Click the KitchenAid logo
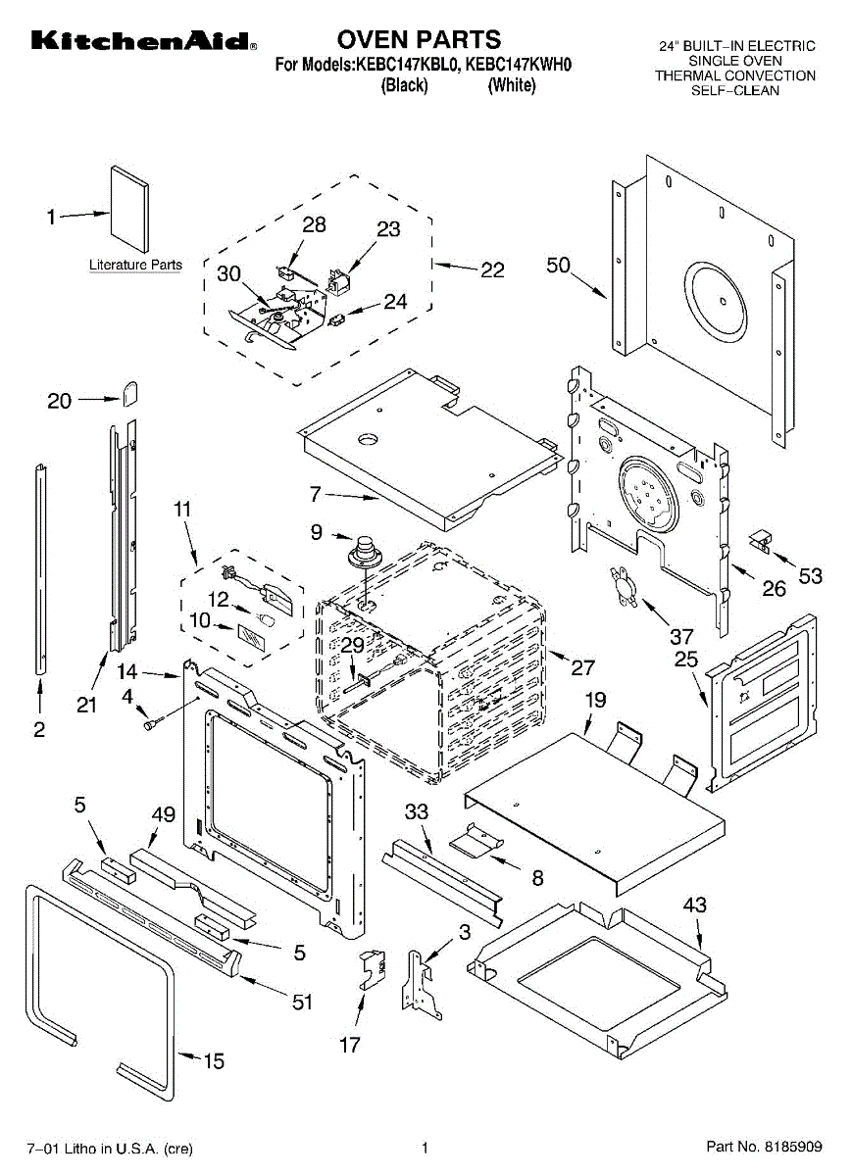tap(143, 41)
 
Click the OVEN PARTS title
tap(419, 39)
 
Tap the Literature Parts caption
tap(135, 265)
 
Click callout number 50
tap(559, 266)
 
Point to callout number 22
tap(492, 269)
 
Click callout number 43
tap(694, 906)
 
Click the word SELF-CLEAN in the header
tap(735, 90)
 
